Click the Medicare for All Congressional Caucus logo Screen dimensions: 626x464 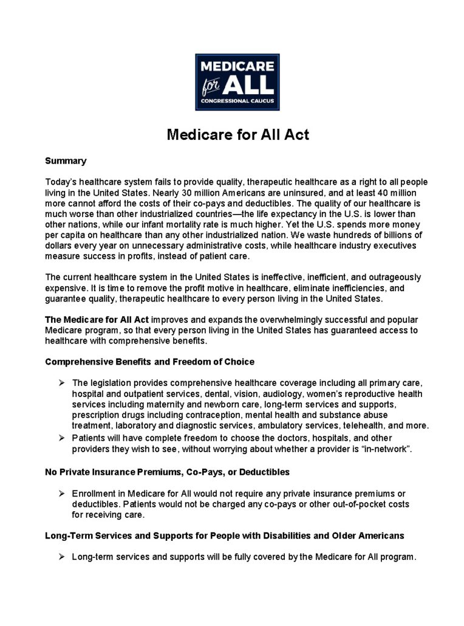[x=237, y=82]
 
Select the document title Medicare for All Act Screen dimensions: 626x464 [x=237, y=134]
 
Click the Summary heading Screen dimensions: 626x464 [x=66, y=161]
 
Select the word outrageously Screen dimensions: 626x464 [x=390, y=277]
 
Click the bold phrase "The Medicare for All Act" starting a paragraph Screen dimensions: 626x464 [x=97, y=319]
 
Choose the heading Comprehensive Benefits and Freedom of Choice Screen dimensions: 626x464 [x=149, y=362]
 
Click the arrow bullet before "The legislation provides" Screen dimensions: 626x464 [x=62, y=383]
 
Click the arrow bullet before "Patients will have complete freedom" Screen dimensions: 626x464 [x=62, y=438]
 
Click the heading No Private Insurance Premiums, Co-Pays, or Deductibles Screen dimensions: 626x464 [x=167, y=472]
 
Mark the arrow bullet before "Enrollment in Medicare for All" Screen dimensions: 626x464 [x=62, y=494]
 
